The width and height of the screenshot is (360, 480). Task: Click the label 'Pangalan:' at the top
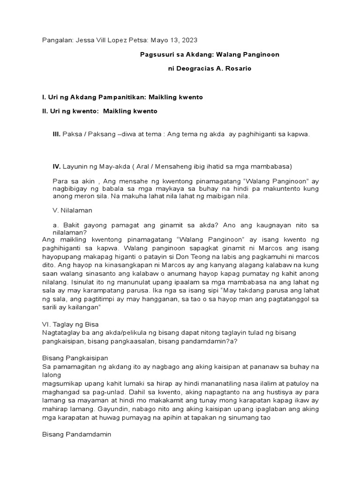[x=57, y=41]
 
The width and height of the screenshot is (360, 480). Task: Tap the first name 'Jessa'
[x=84, y=41]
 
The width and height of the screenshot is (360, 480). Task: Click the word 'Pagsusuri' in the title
[x=156, y=55]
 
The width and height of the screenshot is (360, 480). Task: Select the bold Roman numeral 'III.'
[x=57, y=134]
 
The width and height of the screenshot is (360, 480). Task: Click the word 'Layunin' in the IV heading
[x=75, y=166]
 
